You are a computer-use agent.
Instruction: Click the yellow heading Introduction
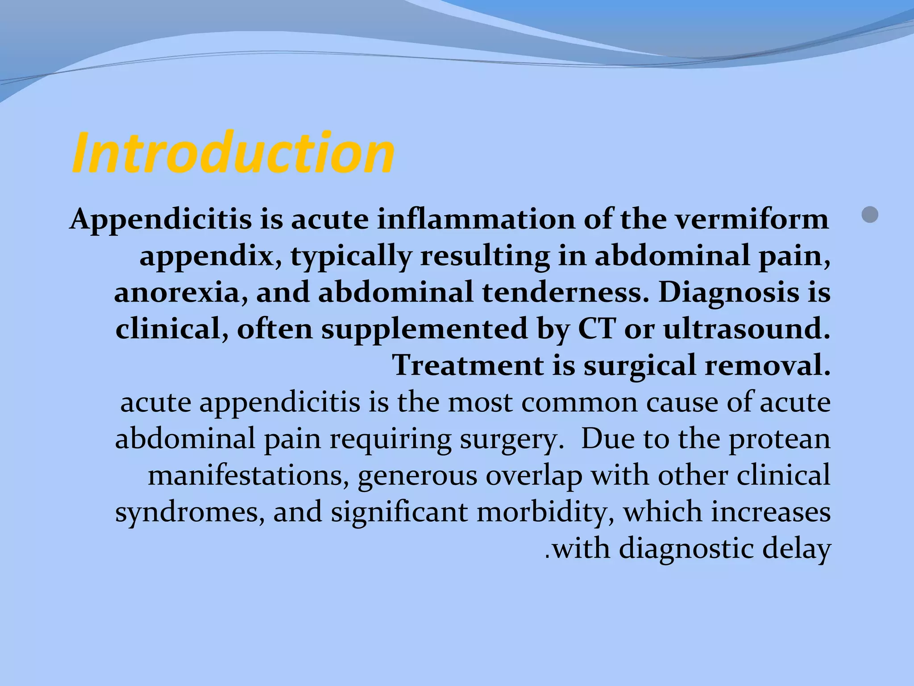[x=233, y=153]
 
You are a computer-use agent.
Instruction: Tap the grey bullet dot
[x=870, y=215]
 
